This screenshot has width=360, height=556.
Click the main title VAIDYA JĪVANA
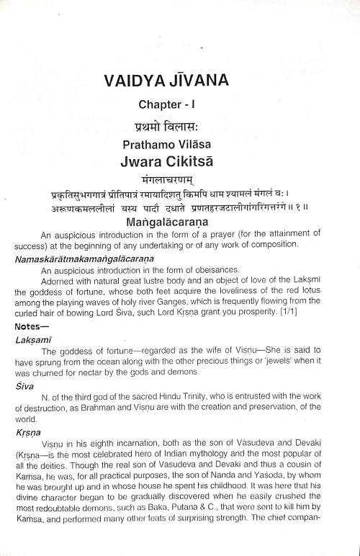pyautogui.click(x=179, y=84)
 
